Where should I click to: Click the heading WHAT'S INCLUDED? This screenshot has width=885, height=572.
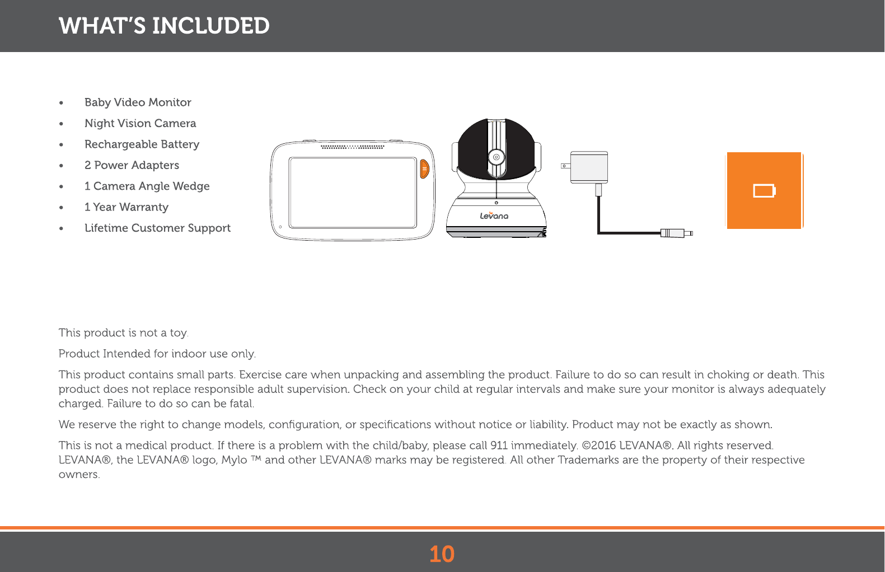(x=164, y=26)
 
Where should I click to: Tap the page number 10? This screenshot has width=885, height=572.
(x=442, y=554)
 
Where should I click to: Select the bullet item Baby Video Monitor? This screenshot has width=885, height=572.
(x=138, y=102)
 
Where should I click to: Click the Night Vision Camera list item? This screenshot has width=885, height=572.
(x=140, y=123)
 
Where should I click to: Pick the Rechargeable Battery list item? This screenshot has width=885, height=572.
(x=142, y=144)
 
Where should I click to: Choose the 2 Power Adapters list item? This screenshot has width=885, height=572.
(x=132, y=165)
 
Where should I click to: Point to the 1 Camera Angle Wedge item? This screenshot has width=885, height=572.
(x=147, y=186)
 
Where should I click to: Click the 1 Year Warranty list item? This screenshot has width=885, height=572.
(x=126, y=207)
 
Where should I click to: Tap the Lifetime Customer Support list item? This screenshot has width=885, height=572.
(x=157, y=228)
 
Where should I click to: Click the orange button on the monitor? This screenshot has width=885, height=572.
(x=424, y=168)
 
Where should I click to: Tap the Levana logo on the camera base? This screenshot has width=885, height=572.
(x=494, y=215)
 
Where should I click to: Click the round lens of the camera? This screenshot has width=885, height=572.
(x=496, y=157)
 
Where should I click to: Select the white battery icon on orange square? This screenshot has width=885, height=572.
(x=764, y=191)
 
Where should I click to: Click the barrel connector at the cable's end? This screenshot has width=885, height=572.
(x=675, y=233)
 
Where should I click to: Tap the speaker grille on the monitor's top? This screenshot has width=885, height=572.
(x=352, y=147)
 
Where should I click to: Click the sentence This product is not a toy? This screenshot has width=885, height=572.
(x=123, y=333)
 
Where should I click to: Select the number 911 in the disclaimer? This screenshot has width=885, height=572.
(x=499, y=446)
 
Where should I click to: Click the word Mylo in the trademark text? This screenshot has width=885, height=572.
(x=234, y=460)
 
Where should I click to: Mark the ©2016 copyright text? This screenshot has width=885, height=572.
(x=600, y=446)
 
